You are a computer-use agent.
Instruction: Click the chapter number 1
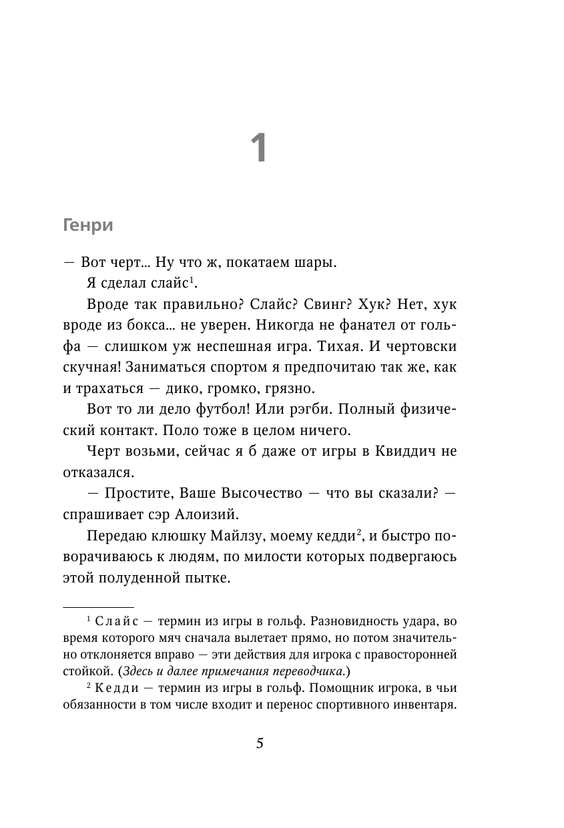259,148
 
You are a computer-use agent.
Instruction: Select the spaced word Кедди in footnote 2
116,689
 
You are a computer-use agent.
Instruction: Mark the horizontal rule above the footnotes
98,606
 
